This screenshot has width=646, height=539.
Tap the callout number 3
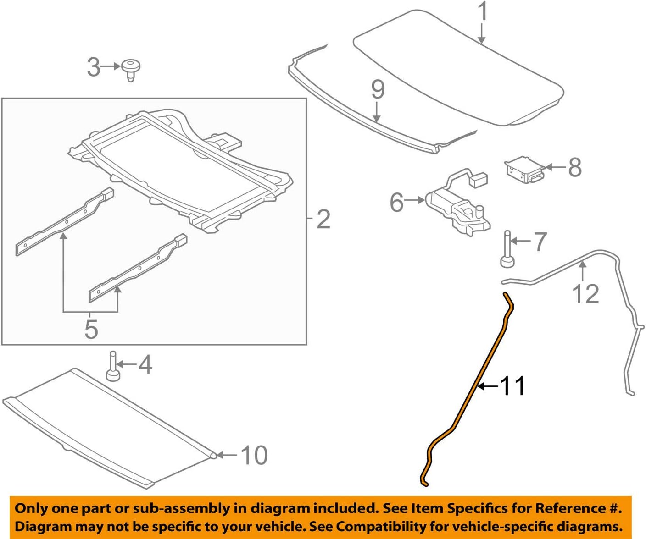pos(93,67)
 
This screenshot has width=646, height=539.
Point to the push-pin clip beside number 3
pos(131,70)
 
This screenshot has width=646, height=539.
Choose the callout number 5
pos(91,329)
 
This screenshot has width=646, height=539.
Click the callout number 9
pos(377,90)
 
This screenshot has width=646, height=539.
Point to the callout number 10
pos(254,455)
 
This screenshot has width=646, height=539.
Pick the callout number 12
pos(585,294)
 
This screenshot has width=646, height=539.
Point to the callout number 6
pos(397,202)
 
